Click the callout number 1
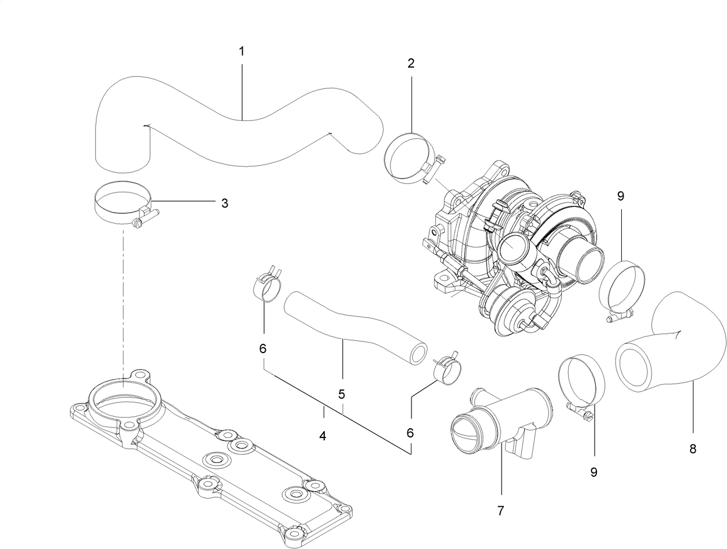242,51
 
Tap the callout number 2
411,63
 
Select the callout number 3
225,203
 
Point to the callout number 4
323,436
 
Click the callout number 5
342,394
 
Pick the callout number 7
500,510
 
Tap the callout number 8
693,448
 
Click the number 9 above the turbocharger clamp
621,196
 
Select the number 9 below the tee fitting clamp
594,472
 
